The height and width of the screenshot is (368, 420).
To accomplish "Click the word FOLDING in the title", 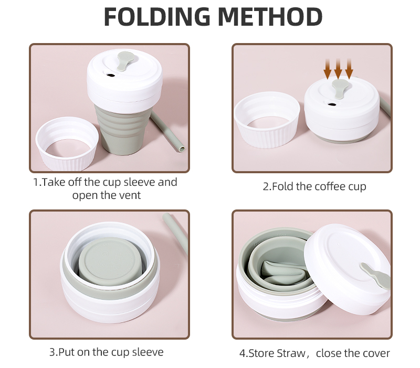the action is click(156, 17).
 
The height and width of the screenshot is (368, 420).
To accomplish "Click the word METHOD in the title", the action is click(270, 17).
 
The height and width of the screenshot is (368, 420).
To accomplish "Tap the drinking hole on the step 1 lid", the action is click(110, 75).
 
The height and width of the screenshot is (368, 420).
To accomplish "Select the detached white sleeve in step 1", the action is click(67, 143).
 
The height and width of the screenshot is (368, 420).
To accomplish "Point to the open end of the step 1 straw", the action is click(182, 149).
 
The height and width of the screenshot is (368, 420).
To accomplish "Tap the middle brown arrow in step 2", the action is click(338, 68).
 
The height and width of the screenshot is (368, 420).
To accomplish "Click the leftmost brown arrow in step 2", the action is click(328, 68).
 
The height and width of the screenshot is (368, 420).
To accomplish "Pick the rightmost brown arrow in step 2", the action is click(349, 68).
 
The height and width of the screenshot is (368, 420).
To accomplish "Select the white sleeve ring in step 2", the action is click(267, 121).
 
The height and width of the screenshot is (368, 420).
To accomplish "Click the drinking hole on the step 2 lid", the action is click(332, 104).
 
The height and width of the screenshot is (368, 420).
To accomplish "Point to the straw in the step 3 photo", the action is click(175, 234).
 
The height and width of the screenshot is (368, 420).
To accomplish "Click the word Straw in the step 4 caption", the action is click(291, 353).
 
